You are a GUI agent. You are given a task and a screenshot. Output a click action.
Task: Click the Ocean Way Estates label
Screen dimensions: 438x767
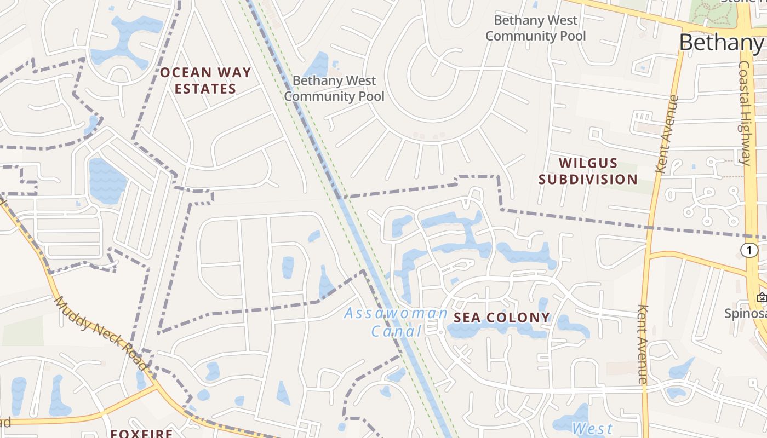(x=205, y=80)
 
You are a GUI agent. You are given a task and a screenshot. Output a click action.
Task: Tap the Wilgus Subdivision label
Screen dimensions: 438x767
(x=588, y=171)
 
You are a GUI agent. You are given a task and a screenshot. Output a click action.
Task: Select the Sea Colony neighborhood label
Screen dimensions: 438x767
(x=501, y=318)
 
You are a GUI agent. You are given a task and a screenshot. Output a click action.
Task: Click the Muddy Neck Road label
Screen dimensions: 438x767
(x=101, y=333)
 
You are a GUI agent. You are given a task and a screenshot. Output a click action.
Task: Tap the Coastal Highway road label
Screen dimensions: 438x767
(x=745, y=112)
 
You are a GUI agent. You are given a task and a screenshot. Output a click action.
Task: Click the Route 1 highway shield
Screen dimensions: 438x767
(x=749, y=250)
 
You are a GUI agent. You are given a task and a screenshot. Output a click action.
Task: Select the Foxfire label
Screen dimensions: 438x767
(x=142, y=433)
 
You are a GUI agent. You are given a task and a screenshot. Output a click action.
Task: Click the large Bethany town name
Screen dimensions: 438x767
(x=722, y=42)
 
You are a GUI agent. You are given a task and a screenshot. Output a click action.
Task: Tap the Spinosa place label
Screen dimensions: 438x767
(x=745, y=314)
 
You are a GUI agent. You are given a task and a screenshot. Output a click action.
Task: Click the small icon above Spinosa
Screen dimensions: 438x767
(x=761, y=298)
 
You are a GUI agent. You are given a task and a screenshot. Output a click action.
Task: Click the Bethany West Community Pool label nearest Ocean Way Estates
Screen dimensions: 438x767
(x=334, y=89)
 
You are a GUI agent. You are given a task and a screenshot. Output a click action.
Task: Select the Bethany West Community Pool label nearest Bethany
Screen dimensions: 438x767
(x=535, y=28)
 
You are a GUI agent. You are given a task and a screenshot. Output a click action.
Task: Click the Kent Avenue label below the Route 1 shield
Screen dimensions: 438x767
(x=643, y=344)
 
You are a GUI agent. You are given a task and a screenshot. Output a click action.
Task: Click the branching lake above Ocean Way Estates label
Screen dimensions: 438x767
(x=127, y=41)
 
